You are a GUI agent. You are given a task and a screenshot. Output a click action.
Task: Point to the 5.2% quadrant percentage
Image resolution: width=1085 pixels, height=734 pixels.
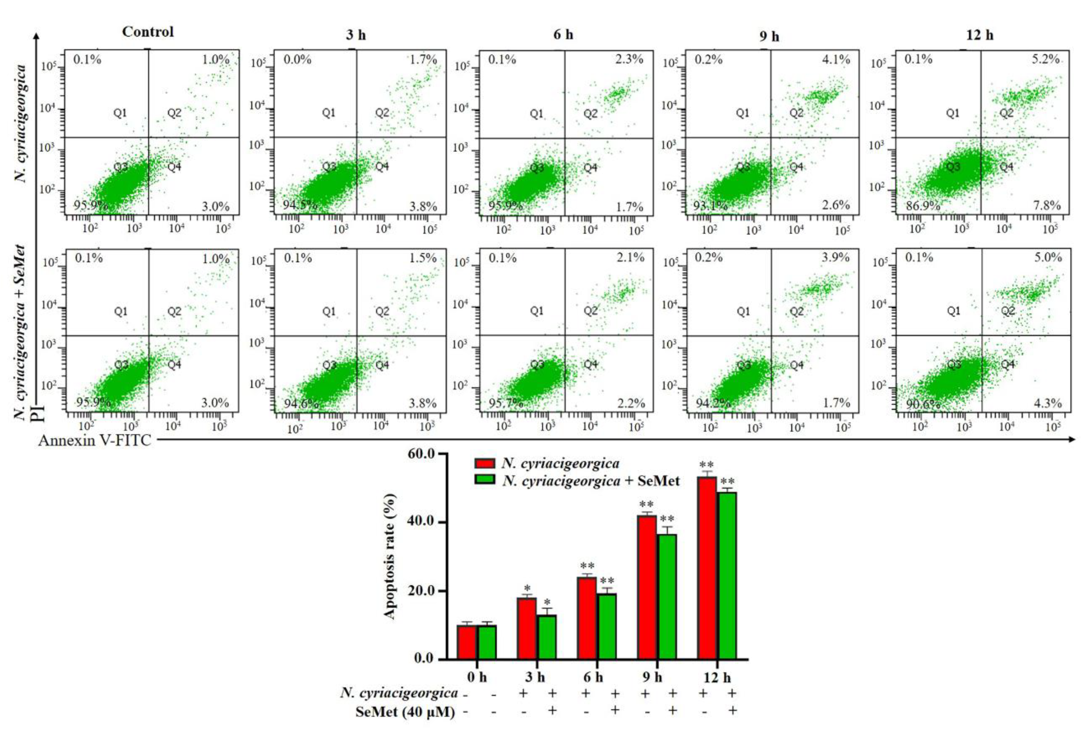[x=1046, y=59]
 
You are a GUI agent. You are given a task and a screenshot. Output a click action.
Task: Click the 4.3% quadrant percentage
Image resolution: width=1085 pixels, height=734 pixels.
[x=1048, y=403]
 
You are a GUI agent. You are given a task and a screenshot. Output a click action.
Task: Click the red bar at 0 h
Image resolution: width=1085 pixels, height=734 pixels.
[x=467, y=642]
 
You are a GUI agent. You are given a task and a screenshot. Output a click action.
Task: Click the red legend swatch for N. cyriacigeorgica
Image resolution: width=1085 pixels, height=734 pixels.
[x=485, y=463]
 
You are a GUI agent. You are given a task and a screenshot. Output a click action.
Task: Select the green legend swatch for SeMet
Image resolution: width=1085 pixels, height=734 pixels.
[x=485, y=480]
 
